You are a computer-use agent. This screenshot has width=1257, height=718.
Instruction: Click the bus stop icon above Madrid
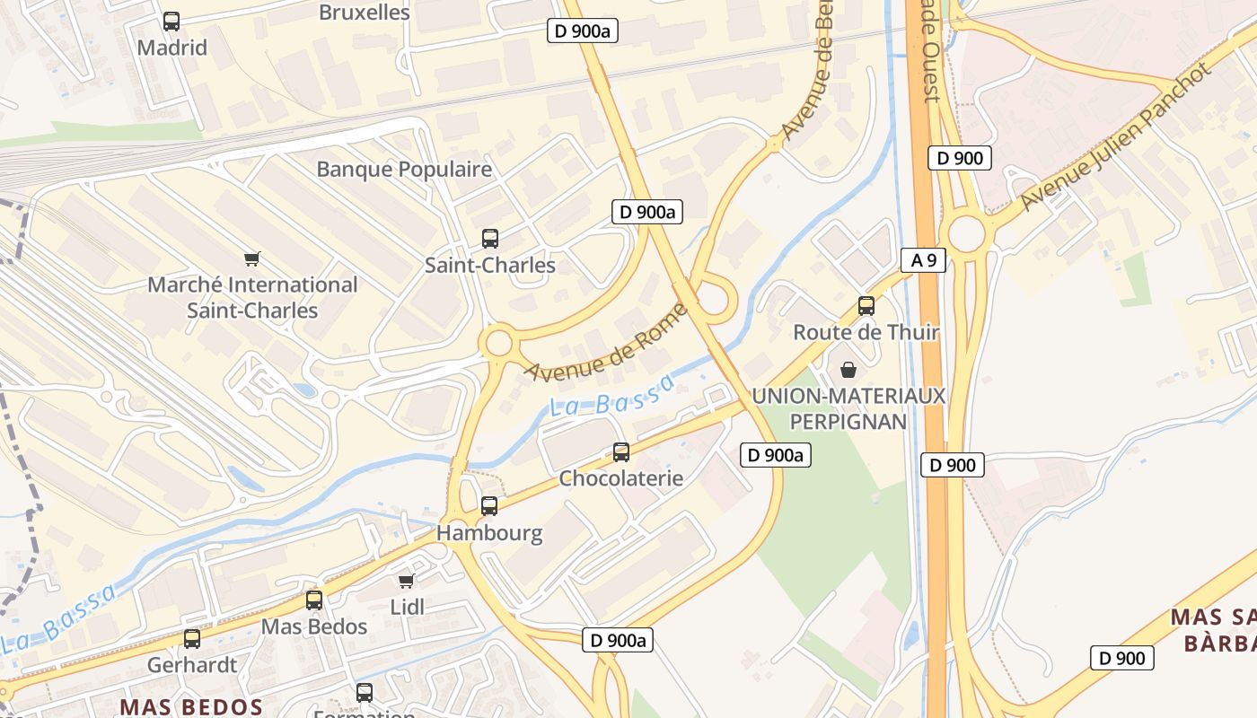point(171,22)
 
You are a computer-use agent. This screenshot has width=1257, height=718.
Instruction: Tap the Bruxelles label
point(365,13)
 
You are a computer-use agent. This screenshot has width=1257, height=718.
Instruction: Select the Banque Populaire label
point(404,170)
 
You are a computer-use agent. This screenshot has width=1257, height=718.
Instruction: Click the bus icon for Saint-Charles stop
point(490,239)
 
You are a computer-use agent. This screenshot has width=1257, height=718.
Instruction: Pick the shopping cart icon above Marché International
point(252,259)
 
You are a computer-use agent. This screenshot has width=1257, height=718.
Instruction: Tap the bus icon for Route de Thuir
point(866,306)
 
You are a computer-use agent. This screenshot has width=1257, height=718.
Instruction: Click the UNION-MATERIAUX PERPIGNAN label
point(848,408)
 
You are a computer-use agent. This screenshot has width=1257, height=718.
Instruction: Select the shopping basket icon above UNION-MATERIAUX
point(848,370)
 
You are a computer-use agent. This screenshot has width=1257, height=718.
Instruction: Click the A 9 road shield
point(923,261)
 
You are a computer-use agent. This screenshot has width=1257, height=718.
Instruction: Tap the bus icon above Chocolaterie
point(621,452)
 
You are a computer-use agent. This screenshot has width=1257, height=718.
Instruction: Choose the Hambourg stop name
point(489,533)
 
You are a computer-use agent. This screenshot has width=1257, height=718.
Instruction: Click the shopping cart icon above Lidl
point(407,581)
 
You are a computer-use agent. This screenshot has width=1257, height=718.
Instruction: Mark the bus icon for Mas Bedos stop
point(314,600)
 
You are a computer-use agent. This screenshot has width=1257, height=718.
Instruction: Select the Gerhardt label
point(192,665)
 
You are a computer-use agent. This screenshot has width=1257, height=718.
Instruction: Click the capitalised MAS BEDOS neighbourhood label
point(191,706)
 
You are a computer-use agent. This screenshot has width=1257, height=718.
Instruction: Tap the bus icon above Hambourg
point(489,506)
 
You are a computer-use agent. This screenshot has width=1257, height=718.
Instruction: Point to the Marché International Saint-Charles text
point(252,298)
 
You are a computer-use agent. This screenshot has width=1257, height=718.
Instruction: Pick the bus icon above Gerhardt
point(192,639)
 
